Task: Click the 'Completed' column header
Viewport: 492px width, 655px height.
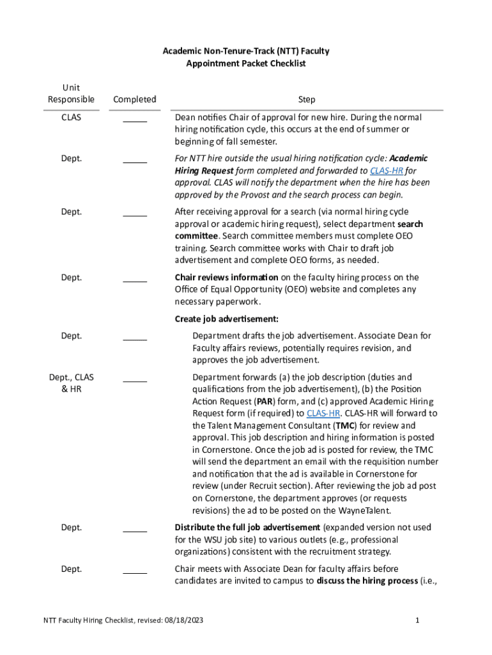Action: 134,99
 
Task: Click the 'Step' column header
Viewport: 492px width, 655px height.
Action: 306,99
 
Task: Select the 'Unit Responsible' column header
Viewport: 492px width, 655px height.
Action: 71,93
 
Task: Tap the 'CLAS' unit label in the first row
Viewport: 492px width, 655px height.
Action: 71,118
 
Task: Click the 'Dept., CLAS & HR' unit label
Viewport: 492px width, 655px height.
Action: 71,383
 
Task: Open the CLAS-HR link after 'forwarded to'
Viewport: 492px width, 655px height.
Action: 387,171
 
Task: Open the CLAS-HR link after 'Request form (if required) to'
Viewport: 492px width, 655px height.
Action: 323,414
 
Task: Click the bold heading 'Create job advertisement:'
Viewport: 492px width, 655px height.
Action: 226,319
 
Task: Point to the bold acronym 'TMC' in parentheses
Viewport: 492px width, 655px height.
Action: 342,426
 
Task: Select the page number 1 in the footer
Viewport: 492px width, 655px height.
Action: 417,620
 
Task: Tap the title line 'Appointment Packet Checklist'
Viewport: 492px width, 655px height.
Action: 245,63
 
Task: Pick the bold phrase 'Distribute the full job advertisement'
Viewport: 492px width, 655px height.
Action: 247,528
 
